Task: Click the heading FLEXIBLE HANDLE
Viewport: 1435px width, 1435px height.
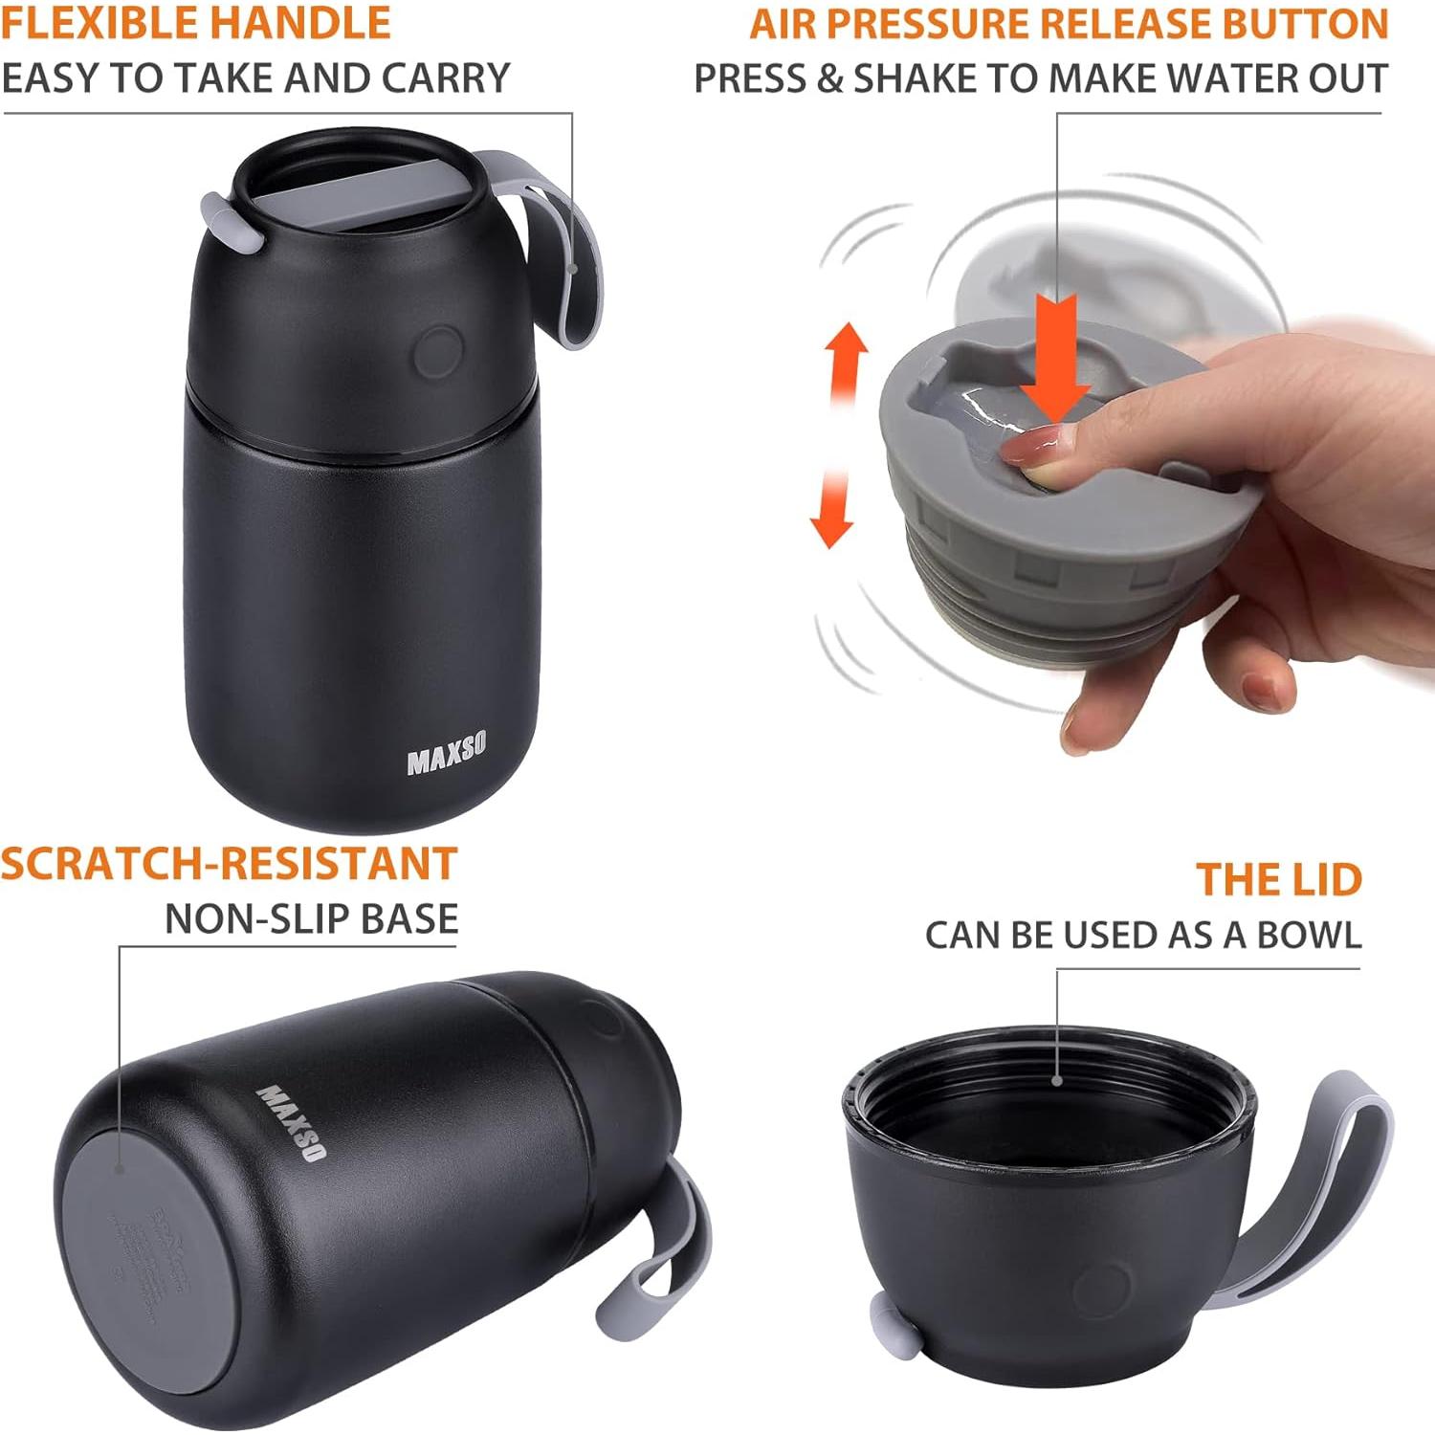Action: pos(196,23)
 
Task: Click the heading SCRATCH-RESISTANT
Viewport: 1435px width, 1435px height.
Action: pos(229,864)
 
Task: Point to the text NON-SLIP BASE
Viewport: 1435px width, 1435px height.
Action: pos(311,919)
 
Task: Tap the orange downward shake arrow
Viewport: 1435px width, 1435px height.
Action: pos(831,507)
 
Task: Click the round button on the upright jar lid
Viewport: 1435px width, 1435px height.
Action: pos(439,350)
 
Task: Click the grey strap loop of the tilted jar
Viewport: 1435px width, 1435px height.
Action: pos(670,1244)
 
